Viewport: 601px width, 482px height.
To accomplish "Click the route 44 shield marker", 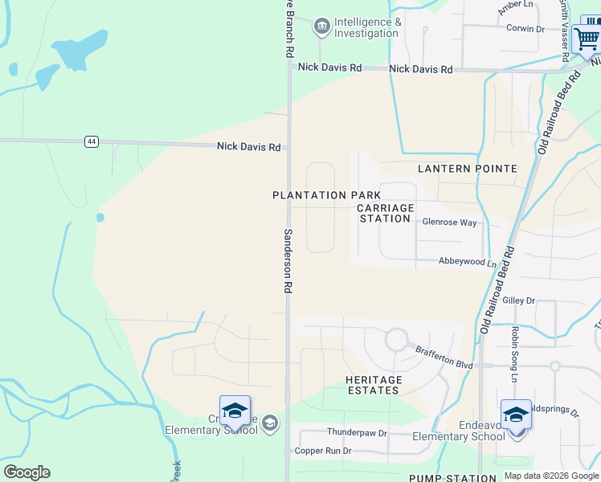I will (x=91, y=141).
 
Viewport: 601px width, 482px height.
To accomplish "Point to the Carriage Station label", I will (x=386, y=213).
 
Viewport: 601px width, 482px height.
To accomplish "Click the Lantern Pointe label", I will (x=467, y=169).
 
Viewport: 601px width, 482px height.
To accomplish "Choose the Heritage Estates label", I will (x=373, y=385).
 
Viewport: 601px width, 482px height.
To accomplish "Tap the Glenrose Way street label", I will (x=449, y=222).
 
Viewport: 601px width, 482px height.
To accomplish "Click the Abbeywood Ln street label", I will (x=467, y=262).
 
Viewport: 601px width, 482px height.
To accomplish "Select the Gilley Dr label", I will (x=518, y=300).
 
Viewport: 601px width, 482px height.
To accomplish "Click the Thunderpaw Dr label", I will (x=357, y=432).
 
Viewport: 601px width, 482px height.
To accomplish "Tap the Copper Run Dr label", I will (x=323, y=451).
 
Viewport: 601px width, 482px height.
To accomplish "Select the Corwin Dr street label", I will (x=525, y=29).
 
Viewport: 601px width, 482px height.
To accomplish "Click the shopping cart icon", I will (x=587, y=36).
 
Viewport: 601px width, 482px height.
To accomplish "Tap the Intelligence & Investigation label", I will (x=366, y=28).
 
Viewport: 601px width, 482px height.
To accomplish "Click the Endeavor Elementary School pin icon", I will (x=516, y=416).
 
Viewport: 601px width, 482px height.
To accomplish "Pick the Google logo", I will (x=27, y=472).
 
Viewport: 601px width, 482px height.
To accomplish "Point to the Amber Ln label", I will (x=516, y=6).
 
